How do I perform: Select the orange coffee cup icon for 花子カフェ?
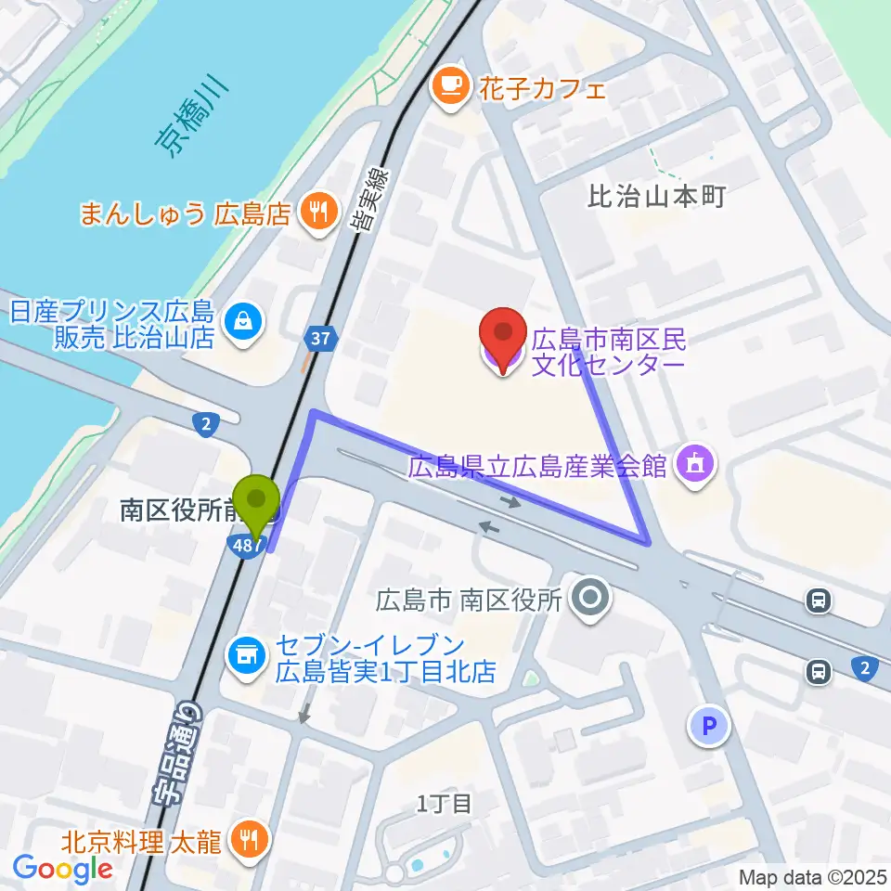pyautogui.click(x=451, y=88)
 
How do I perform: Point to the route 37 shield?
pyautogui.click(x=321, y=340)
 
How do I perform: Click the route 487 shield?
pyautogui.click(x=247, y=547)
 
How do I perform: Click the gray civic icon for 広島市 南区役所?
pyautogui.click(x=589, y=599)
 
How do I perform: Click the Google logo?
pyautogui.click(x=62, y=869)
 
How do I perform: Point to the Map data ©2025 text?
pyautogui.click(x=813, y=876)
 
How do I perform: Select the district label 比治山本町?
pyautogui.click(x=656, y=197)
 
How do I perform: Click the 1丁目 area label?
pyautogui.click(x=444, y=803)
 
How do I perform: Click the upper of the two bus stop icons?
pyautogui.click(x=819, y=601)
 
